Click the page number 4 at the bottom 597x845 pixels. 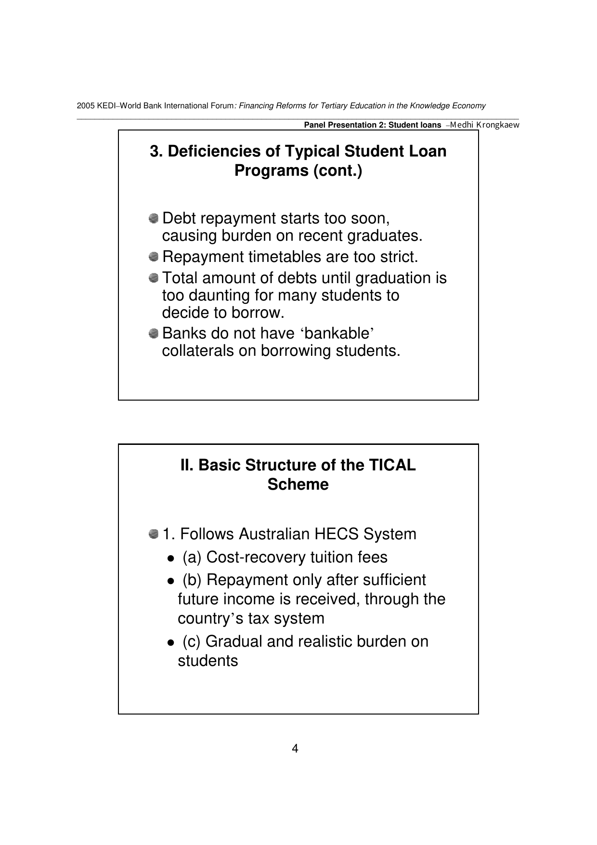pos(295,749)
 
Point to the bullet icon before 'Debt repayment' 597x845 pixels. pos(154,218)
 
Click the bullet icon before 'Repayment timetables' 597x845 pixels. pos(154,257)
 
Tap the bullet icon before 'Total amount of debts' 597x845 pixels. pos(154,278)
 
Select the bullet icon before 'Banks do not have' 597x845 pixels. pos(154,333)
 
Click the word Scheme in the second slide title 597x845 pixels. pos(298,484)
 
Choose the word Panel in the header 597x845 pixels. pos(313,125)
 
